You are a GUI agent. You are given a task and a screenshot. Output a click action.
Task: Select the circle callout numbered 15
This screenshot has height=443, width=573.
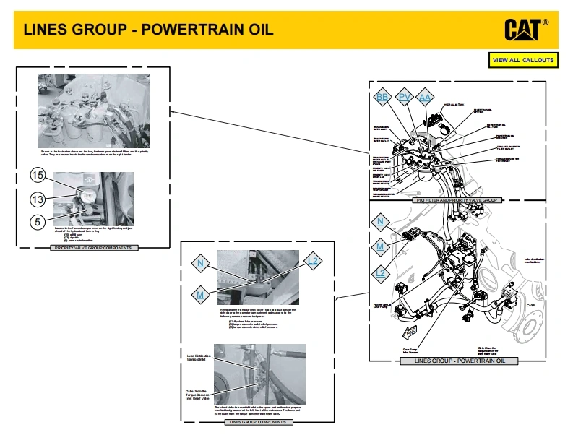pyautogui.click(x=38, y=175)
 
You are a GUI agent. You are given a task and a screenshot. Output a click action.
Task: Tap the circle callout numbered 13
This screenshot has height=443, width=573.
pyautogui.click(x=38, y=199)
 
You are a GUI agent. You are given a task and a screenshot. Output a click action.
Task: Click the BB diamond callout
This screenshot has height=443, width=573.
pyautogui.click(x=382, y=98)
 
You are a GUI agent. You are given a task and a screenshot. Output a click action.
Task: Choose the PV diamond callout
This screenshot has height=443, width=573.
pyautogui.click(x=405, y=98)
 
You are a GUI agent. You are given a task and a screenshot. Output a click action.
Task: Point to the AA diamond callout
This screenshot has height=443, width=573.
pyautogui.click(x=426, y=98)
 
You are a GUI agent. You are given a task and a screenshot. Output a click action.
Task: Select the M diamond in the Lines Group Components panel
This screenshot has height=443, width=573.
pyautogui.click(x=200, y=294)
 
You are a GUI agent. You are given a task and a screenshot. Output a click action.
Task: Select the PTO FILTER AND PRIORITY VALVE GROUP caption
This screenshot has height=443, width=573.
pyautogui.click(x=458, y=199)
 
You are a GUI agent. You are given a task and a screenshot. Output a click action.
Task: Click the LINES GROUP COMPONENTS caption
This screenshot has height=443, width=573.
pyautogui.click(x=257, y=421)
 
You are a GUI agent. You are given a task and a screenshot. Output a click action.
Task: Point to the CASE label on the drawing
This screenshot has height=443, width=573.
pyautogui.click(x=530, y=304)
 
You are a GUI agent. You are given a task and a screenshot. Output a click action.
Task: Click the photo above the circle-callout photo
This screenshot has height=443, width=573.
pyautogui.click(x=94, y=110)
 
